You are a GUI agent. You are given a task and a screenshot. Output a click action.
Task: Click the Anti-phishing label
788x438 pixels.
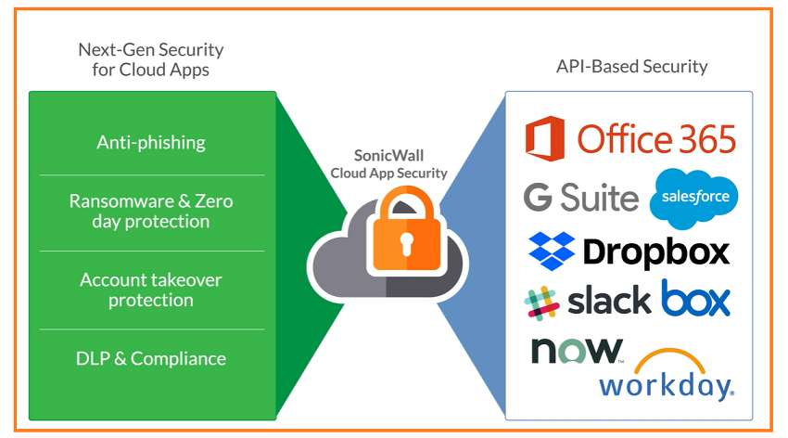(x=151, y=142)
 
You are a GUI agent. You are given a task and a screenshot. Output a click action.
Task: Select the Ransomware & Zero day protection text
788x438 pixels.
(x=151, y=211)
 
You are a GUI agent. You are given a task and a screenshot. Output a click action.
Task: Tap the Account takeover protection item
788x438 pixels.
(x=151, y=290)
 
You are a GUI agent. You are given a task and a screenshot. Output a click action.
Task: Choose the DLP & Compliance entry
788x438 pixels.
(x=151, y=358)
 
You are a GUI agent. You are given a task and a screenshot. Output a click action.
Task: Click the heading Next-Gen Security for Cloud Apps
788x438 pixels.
(x=151, y=59)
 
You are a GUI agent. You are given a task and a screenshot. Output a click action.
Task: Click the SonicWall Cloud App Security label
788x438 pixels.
(x=389, y=164)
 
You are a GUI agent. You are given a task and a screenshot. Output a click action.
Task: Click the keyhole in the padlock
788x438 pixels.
(x=407, y=244)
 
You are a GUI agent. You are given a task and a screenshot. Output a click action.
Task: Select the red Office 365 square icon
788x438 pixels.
(x=545, y=137)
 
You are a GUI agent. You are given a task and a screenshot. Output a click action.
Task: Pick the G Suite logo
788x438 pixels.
(x=581, y=197)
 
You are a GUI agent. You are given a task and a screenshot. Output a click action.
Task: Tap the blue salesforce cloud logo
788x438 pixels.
(x=694, y=197)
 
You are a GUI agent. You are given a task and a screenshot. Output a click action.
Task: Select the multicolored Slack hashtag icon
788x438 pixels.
(x=541, y=302)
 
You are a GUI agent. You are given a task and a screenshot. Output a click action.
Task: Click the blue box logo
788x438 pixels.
(x=695, y=299)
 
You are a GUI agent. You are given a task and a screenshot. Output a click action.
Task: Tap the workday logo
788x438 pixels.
(x=666, y=384)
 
